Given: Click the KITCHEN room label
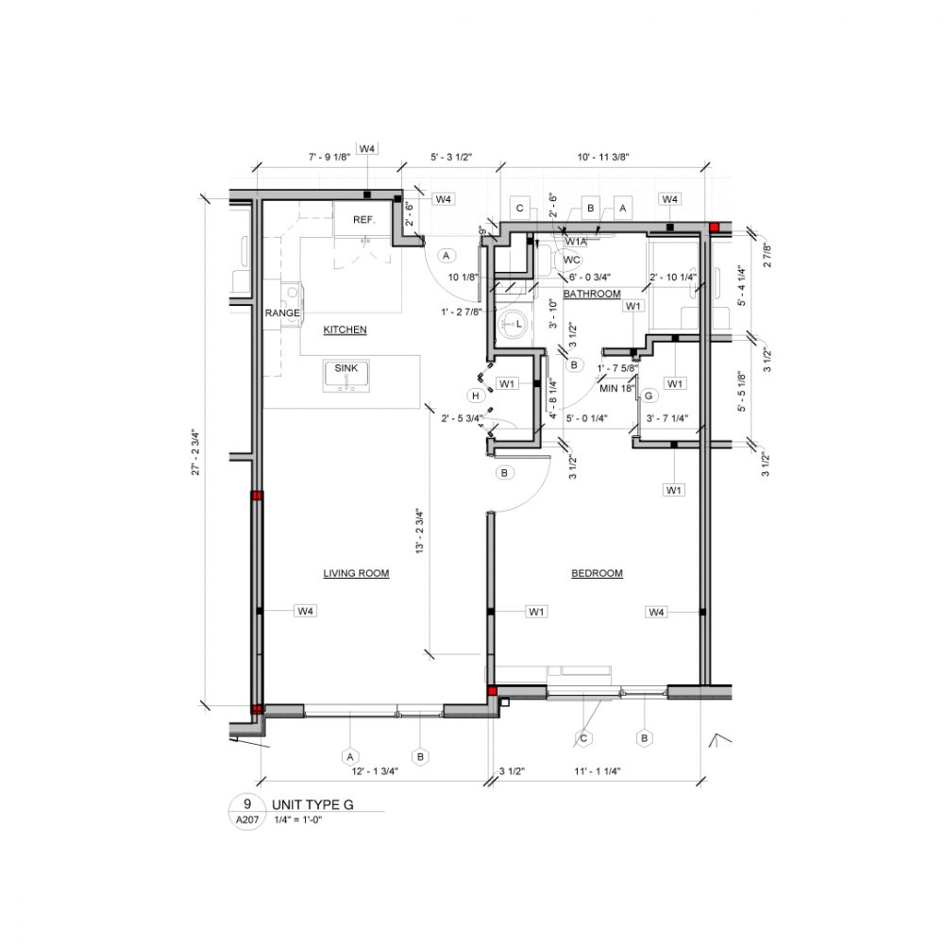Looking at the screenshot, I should (x=345, y=329).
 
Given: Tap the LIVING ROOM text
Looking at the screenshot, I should (x=356, y=573).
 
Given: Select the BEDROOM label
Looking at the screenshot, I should (x=597, y=573).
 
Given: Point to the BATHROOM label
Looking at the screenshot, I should (x=592, y=295).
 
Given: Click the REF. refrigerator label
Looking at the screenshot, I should (x=364, y=220).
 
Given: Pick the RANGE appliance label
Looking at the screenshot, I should (x=281, y=312).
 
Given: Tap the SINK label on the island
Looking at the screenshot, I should (x=346, y=368).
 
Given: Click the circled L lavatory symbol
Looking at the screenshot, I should (x=517, y=324).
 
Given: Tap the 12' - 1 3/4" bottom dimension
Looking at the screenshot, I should (x=376, y=772).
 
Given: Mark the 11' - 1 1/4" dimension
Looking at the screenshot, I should (x=598, y=772).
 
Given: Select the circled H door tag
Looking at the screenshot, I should (x=477, y=395).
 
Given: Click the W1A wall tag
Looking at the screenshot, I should (x=577, y=242).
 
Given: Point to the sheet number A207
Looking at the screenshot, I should (x=247, y=820).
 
